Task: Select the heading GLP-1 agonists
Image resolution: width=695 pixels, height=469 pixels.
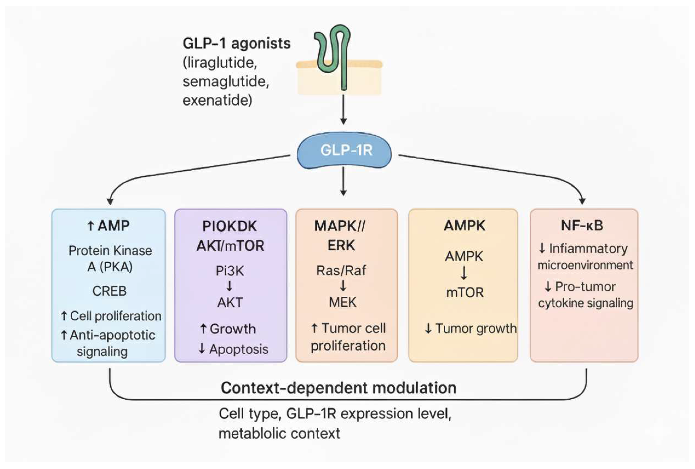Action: coord(236,43)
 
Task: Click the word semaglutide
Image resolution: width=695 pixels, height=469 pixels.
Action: coord(226,81)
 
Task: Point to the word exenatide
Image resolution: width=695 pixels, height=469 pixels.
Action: coord(217,100)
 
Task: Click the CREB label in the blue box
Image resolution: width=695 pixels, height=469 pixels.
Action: coord(109,291)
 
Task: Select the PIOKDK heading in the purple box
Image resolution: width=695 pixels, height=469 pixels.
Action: coord(230,226)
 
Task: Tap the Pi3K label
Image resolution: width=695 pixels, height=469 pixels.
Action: coord(230,271)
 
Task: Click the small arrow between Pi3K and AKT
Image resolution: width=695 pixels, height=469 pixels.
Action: coord(229,286)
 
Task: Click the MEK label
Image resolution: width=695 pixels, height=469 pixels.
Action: coord(343,303)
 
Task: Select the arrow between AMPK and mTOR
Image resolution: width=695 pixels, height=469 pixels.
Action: coord(464,273)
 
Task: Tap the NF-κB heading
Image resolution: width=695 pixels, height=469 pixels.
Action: coord(582,225)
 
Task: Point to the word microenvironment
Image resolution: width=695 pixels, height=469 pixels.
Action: coord(585,265)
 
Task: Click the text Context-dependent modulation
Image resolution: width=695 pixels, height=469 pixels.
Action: coord(338,388)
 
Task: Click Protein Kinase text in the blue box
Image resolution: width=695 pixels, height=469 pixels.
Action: coord(110,251)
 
